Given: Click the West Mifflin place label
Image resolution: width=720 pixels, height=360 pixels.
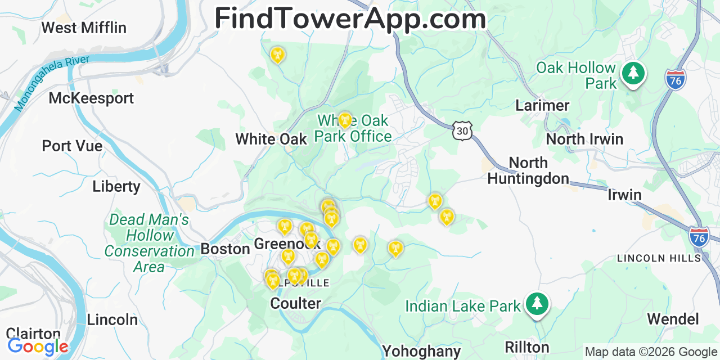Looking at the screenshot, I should pyautogui.click(x=84, y=27).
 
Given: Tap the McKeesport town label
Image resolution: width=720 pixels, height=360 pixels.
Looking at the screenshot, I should pyautogui.click(x=91, y=98).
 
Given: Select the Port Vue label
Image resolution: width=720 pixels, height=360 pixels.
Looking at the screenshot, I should pyautogui.click(x=72, y=146).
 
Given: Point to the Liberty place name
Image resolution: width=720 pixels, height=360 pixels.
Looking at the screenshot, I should pyautogui.click(x=116, y=186).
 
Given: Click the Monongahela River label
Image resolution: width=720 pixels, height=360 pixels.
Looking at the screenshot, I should pyautogui.click(x=52, y=83).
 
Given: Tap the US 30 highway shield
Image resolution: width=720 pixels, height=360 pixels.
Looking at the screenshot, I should pyautogui.click(x=462, y=130).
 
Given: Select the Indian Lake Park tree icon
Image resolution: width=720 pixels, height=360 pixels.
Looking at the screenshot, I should pyautogui.click(x=537, y=304).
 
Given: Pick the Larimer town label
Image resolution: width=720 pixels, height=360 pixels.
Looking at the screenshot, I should pyautogui.click(x=542, y=106).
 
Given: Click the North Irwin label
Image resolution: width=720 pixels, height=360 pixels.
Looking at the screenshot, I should pyautogui.click(x=584, y=139).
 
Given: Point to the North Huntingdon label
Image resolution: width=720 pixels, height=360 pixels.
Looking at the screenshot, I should pyautogui.click(x=528, y=170).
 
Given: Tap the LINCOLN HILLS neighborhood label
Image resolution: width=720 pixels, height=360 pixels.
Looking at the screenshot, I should pyautogui.click(x=659, y=258).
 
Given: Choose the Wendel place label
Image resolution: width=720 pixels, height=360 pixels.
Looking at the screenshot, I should pyautogui.click(x=673, y=319).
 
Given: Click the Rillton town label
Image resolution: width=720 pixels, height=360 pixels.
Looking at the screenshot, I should pyautogui.click(x=526, y=347).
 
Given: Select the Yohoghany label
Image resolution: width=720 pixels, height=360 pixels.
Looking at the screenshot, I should pyautogui.click(x=421, y=352).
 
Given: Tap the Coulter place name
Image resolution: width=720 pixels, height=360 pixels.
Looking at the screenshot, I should pyautogui.click(x=295, y=303).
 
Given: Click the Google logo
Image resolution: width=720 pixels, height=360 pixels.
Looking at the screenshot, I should pyautogui.click(x=38, y=346).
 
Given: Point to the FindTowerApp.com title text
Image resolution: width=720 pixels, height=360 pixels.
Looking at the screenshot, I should pyautogui.click(x=350, y=18).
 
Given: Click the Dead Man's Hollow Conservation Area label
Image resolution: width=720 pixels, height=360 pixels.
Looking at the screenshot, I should pyautogui.click(x=149, y=243).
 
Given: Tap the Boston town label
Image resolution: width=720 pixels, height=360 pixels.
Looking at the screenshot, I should pyautogui.click(x=225, y=249).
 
